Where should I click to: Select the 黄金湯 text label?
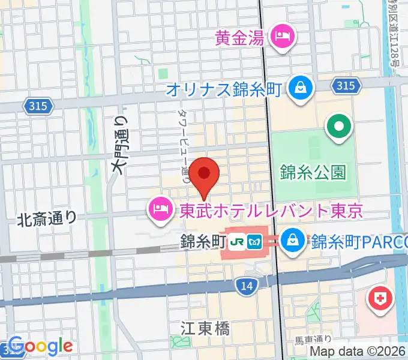(239, 38)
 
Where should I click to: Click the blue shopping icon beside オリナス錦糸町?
(298, 89)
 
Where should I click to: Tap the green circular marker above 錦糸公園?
(338, 127)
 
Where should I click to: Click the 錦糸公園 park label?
(313, 173)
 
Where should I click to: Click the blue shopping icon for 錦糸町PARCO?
(293, 241)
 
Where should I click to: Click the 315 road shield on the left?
(40, 106)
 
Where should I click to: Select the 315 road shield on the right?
(345, 86)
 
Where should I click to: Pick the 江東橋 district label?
(205, 328)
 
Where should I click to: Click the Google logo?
(40, 346)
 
